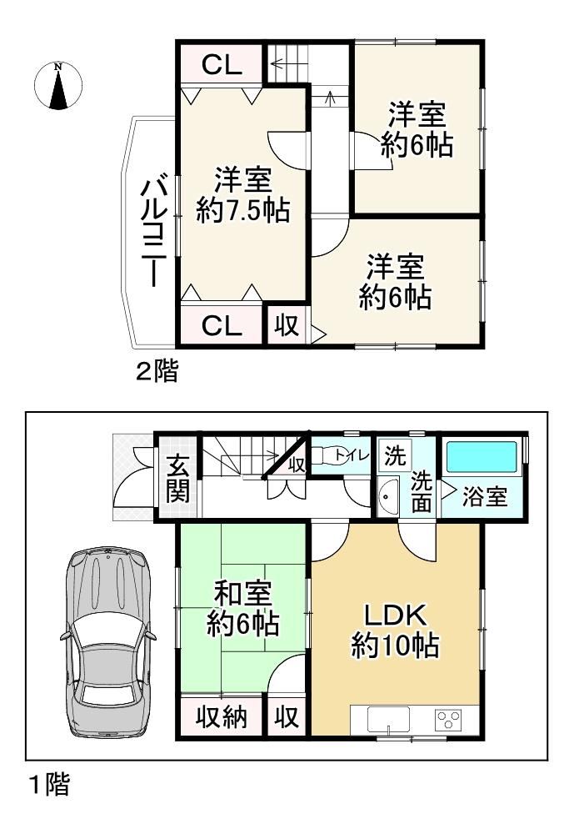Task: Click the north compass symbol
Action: (58, 86)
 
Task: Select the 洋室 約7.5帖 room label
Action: (243, 194)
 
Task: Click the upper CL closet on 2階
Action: (222, 64)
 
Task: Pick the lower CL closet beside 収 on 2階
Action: (222, 325)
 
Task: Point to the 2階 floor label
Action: (157, 371)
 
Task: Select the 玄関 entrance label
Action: (177, 479)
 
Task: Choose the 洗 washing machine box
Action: (395, 455)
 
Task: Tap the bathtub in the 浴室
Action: (482, 456)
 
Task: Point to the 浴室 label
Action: (484, 496)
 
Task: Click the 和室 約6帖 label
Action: (243, 609)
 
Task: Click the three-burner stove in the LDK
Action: (448, 720)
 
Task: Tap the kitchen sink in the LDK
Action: (388, 721)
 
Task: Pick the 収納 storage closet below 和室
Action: (222, 716)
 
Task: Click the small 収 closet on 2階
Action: (287, 324)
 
